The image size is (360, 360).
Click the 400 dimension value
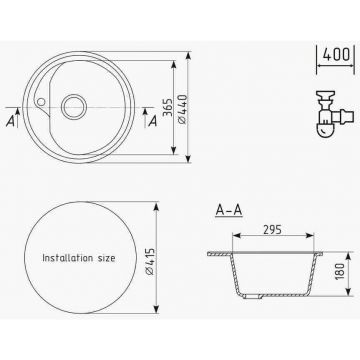tap(336, 55)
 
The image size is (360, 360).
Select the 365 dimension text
tap(169, 107)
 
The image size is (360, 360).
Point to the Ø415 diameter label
tap(150, 261)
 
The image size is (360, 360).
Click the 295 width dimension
tap(272, 229)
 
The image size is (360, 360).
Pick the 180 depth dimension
tap(339, 271)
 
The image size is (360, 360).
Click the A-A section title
tap(229, 210)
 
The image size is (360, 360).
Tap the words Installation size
tap(79, 258)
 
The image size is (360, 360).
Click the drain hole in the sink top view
tap(74, 107)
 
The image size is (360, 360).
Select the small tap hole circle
tap(41, 101)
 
